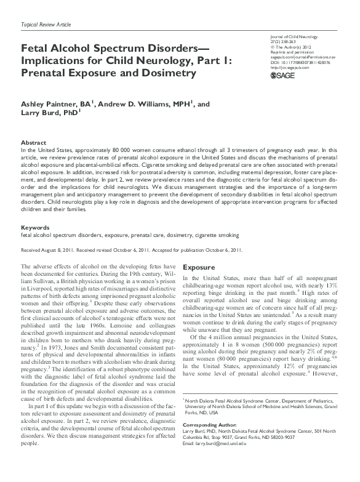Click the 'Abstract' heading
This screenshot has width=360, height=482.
tap(33, 142)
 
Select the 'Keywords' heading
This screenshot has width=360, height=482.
tap(35, 211)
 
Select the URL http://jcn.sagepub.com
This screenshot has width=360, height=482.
tap(288, 67)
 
